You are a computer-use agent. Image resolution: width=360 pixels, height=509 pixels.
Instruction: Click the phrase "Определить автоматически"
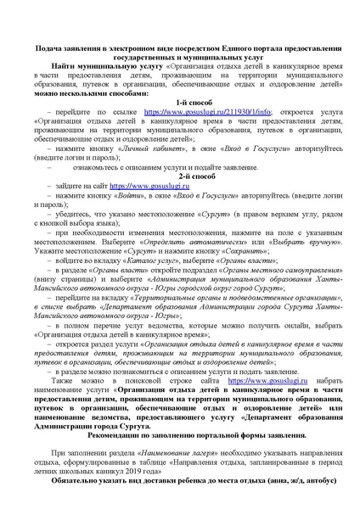coord(160,241)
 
